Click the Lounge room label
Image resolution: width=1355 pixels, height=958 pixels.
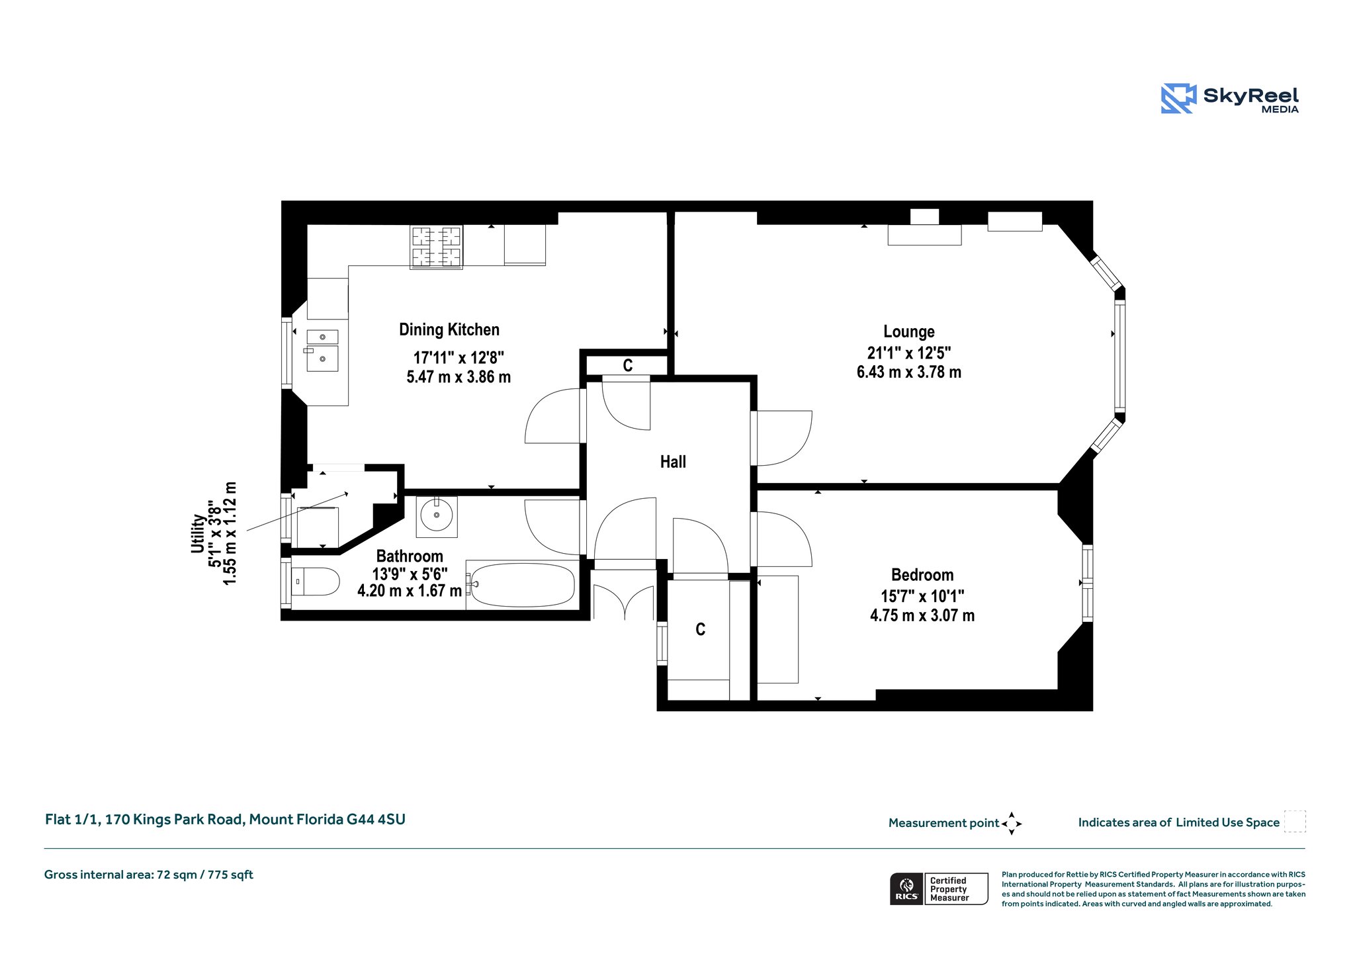pos(908,331)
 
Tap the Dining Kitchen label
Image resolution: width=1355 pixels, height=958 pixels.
pos(449,329)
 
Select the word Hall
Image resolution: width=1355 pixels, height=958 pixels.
pos(673,462)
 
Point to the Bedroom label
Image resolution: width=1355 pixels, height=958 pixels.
pos(922,575)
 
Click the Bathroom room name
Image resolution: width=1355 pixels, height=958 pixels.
pos(410,556)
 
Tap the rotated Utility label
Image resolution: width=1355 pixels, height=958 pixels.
pos(198,533)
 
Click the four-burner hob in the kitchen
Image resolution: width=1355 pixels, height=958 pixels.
pos(436,247)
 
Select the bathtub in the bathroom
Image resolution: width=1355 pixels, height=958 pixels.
pos(522,585)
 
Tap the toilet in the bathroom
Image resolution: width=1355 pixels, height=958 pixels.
pos(315,582)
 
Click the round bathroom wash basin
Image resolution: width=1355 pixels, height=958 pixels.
pos(437,515)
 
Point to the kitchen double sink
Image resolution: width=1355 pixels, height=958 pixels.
pos(322,350)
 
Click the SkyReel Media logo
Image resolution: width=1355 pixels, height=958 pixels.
pos(1230,99)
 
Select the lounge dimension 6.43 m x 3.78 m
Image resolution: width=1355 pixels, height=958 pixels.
pos(909,372)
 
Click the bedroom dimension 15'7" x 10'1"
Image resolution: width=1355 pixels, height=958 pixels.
pos(922,596)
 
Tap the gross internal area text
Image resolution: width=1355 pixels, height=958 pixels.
pos(149,875)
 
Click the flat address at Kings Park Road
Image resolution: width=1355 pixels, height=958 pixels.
pos(225,820)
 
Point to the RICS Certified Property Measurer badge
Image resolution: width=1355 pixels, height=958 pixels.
pos(939,889)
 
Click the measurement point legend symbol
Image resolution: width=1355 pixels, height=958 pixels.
pos(1012,824)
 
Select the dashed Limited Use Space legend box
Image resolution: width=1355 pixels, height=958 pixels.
pos(1295,821)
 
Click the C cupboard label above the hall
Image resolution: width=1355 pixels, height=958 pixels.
pos(628,365)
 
